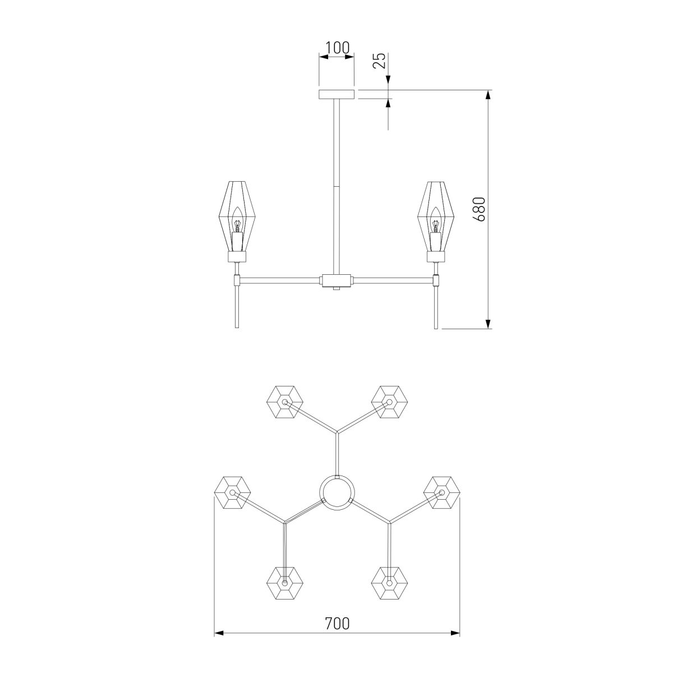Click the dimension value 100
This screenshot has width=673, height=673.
click(x=337, y=48)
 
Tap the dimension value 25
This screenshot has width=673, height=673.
click(x=379, y=61)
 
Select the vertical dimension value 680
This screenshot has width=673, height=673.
click(x=479, y=209)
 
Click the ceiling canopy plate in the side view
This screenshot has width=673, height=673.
click(x=336, y=94)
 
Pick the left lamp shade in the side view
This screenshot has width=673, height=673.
click(x=237, y=216)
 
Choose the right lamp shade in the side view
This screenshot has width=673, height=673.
click(x=436, y=216)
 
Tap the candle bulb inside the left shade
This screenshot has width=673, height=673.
click(x=237, y=220)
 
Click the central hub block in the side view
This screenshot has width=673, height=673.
click(x=336, y=280)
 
